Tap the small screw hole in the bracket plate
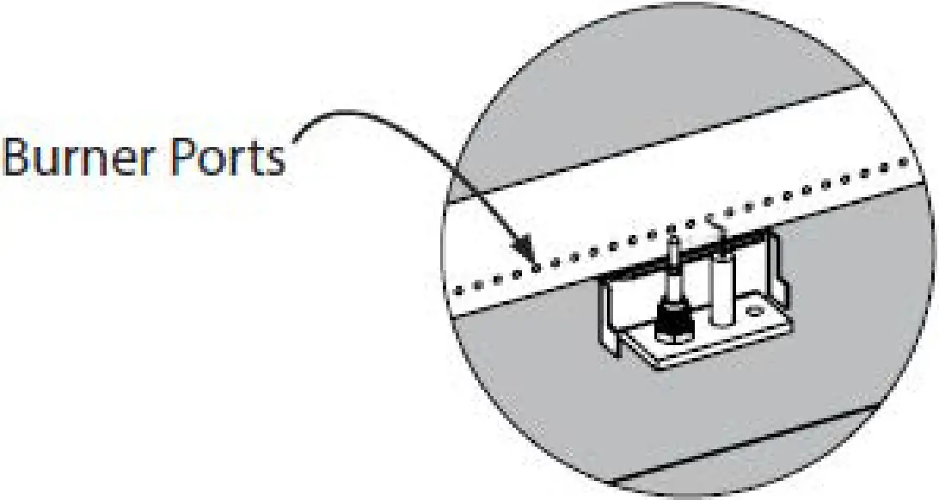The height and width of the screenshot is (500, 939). pos(756,310)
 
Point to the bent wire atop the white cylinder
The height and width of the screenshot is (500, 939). pos(715,227)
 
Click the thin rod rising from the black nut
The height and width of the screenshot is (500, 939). pos(672,267)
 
